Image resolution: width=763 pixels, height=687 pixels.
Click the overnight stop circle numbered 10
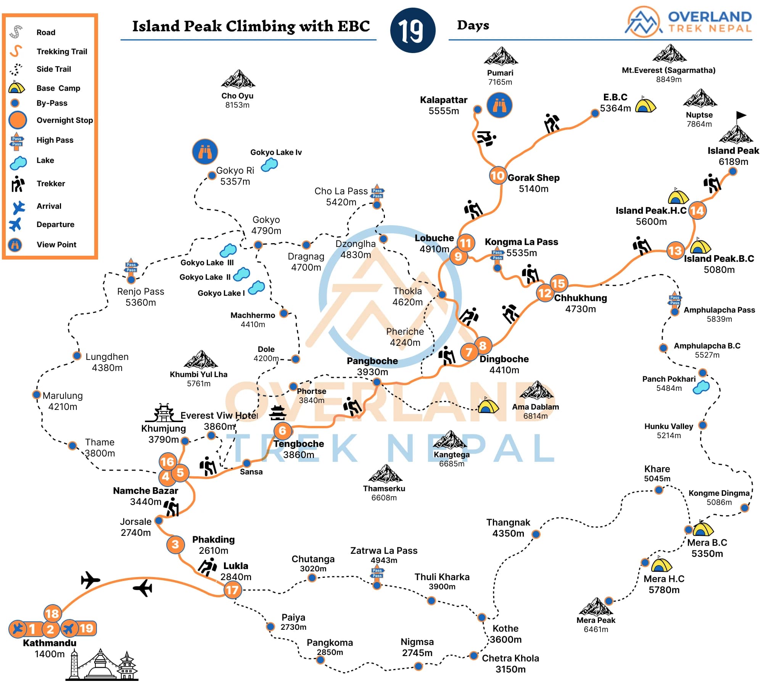coord(497,176)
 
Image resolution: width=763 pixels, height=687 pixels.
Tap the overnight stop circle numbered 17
coord(232,590)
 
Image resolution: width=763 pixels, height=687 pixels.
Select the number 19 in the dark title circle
coord(412,31)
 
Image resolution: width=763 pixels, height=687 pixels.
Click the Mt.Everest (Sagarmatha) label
coord(668,70)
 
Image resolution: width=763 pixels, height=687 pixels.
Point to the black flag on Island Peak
coord(740,115)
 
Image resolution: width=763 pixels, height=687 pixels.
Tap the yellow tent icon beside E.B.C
coord(645,105)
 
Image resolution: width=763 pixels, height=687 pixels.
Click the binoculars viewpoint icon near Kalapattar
coord(499,105)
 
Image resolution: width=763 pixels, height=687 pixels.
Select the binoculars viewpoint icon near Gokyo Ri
coord(205,152)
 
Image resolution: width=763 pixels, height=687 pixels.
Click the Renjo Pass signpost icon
coord(131,267)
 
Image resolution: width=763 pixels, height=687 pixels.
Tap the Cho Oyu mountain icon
coord(238,79)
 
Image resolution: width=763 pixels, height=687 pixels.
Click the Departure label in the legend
coord(55,224)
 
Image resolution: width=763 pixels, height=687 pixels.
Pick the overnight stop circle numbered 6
coord(282,431)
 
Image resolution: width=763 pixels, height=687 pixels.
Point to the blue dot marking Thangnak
coord(536,534)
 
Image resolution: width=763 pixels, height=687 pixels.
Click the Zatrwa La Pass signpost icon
coord(377,573)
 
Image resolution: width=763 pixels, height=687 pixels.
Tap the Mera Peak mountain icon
coord(596,607)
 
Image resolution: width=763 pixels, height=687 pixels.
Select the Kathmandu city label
coord(50,643)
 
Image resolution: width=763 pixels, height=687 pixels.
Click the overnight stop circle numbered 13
coord(675,251)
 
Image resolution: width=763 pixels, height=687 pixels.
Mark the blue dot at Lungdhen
coord(77,356)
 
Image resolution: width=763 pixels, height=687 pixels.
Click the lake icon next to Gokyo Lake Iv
coord(269,165)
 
